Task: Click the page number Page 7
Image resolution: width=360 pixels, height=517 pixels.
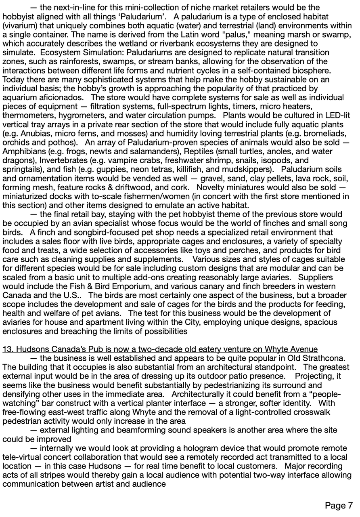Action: click(x=339, y=506)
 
